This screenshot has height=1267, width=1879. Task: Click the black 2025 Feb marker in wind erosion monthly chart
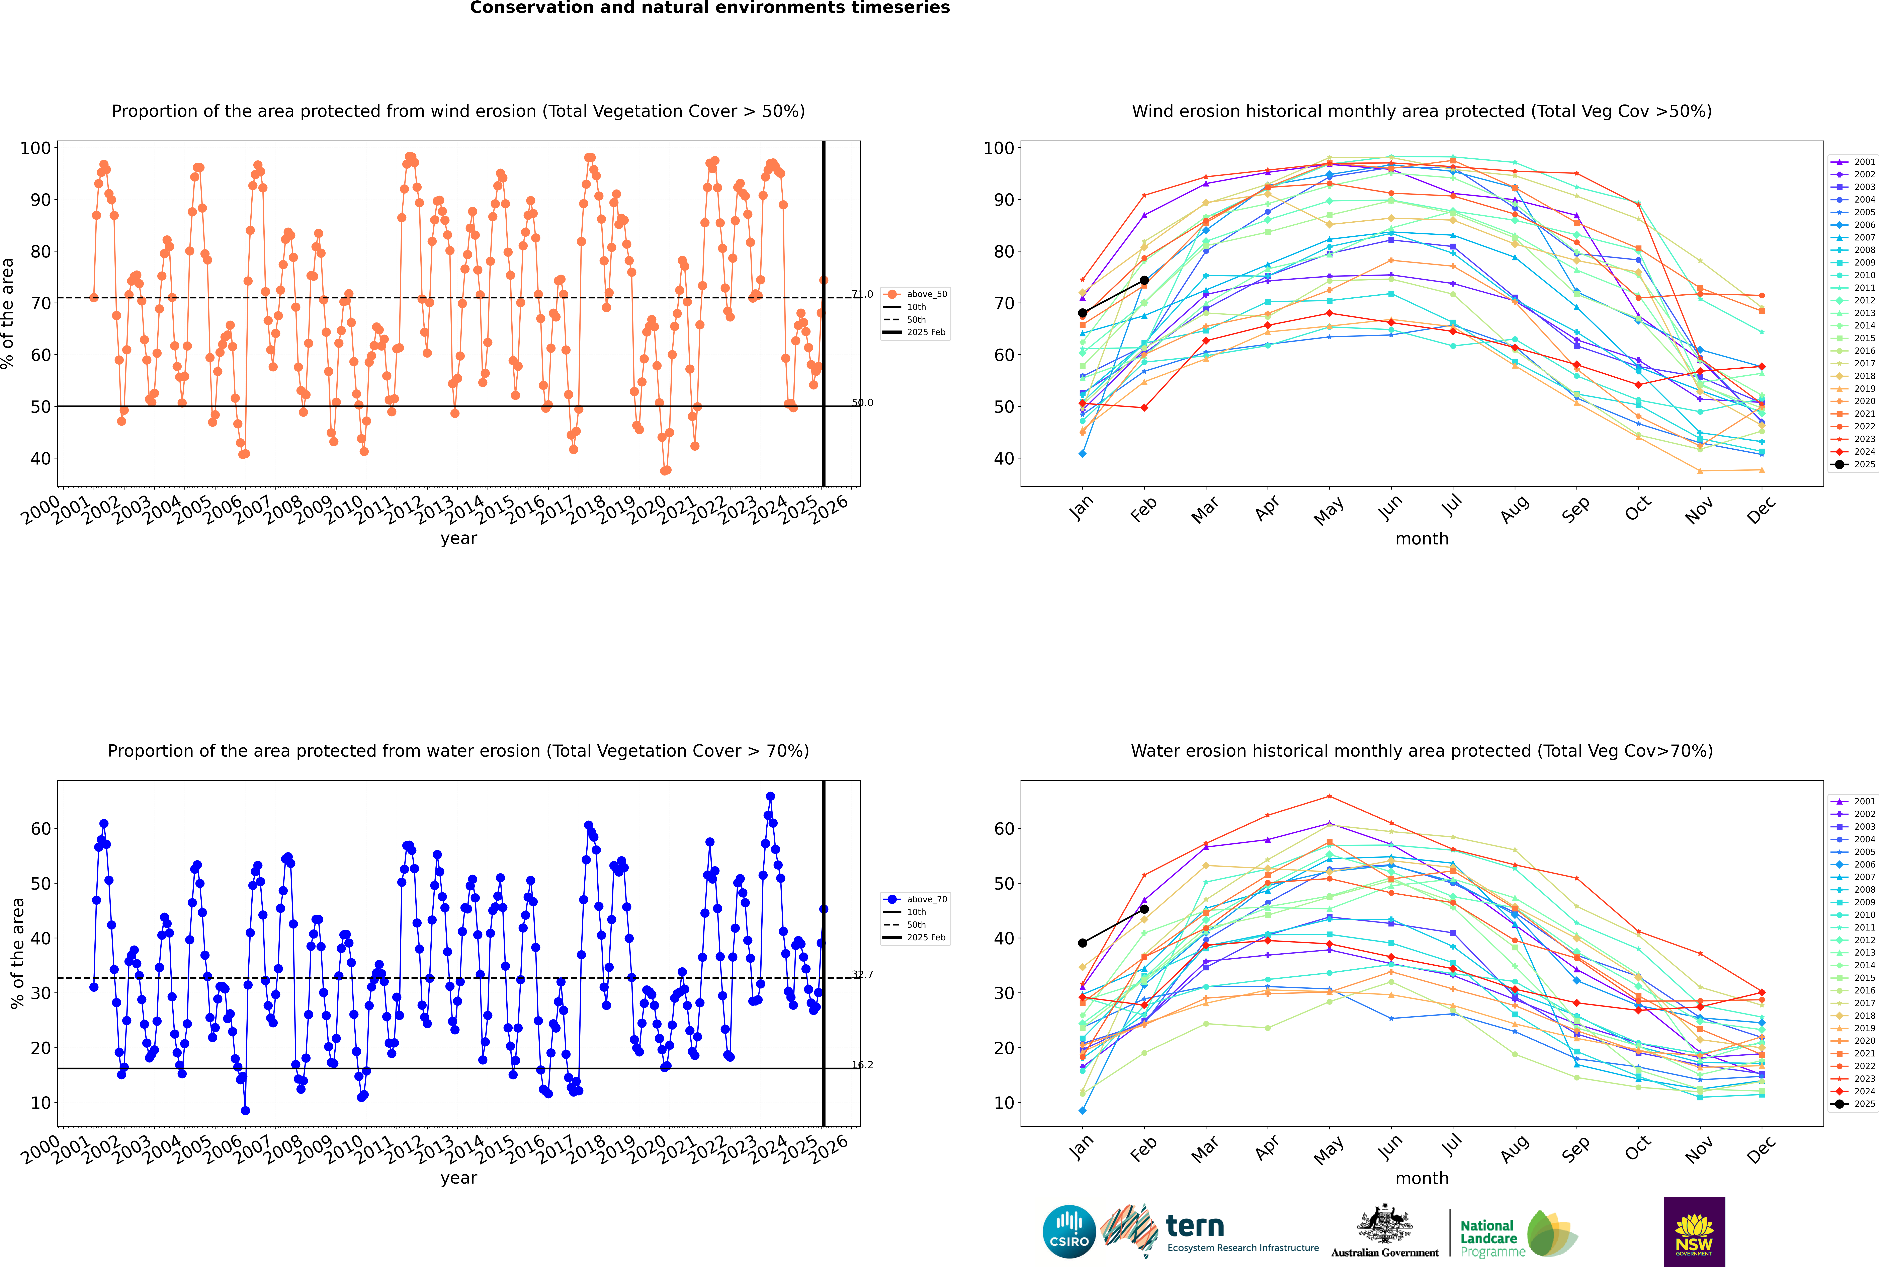click(x=1144, y=280)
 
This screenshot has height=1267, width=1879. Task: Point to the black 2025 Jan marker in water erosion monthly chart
click(x=1083, y=943)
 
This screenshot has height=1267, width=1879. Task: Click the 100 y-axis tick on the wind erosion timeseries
click(x=35, y=148)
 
